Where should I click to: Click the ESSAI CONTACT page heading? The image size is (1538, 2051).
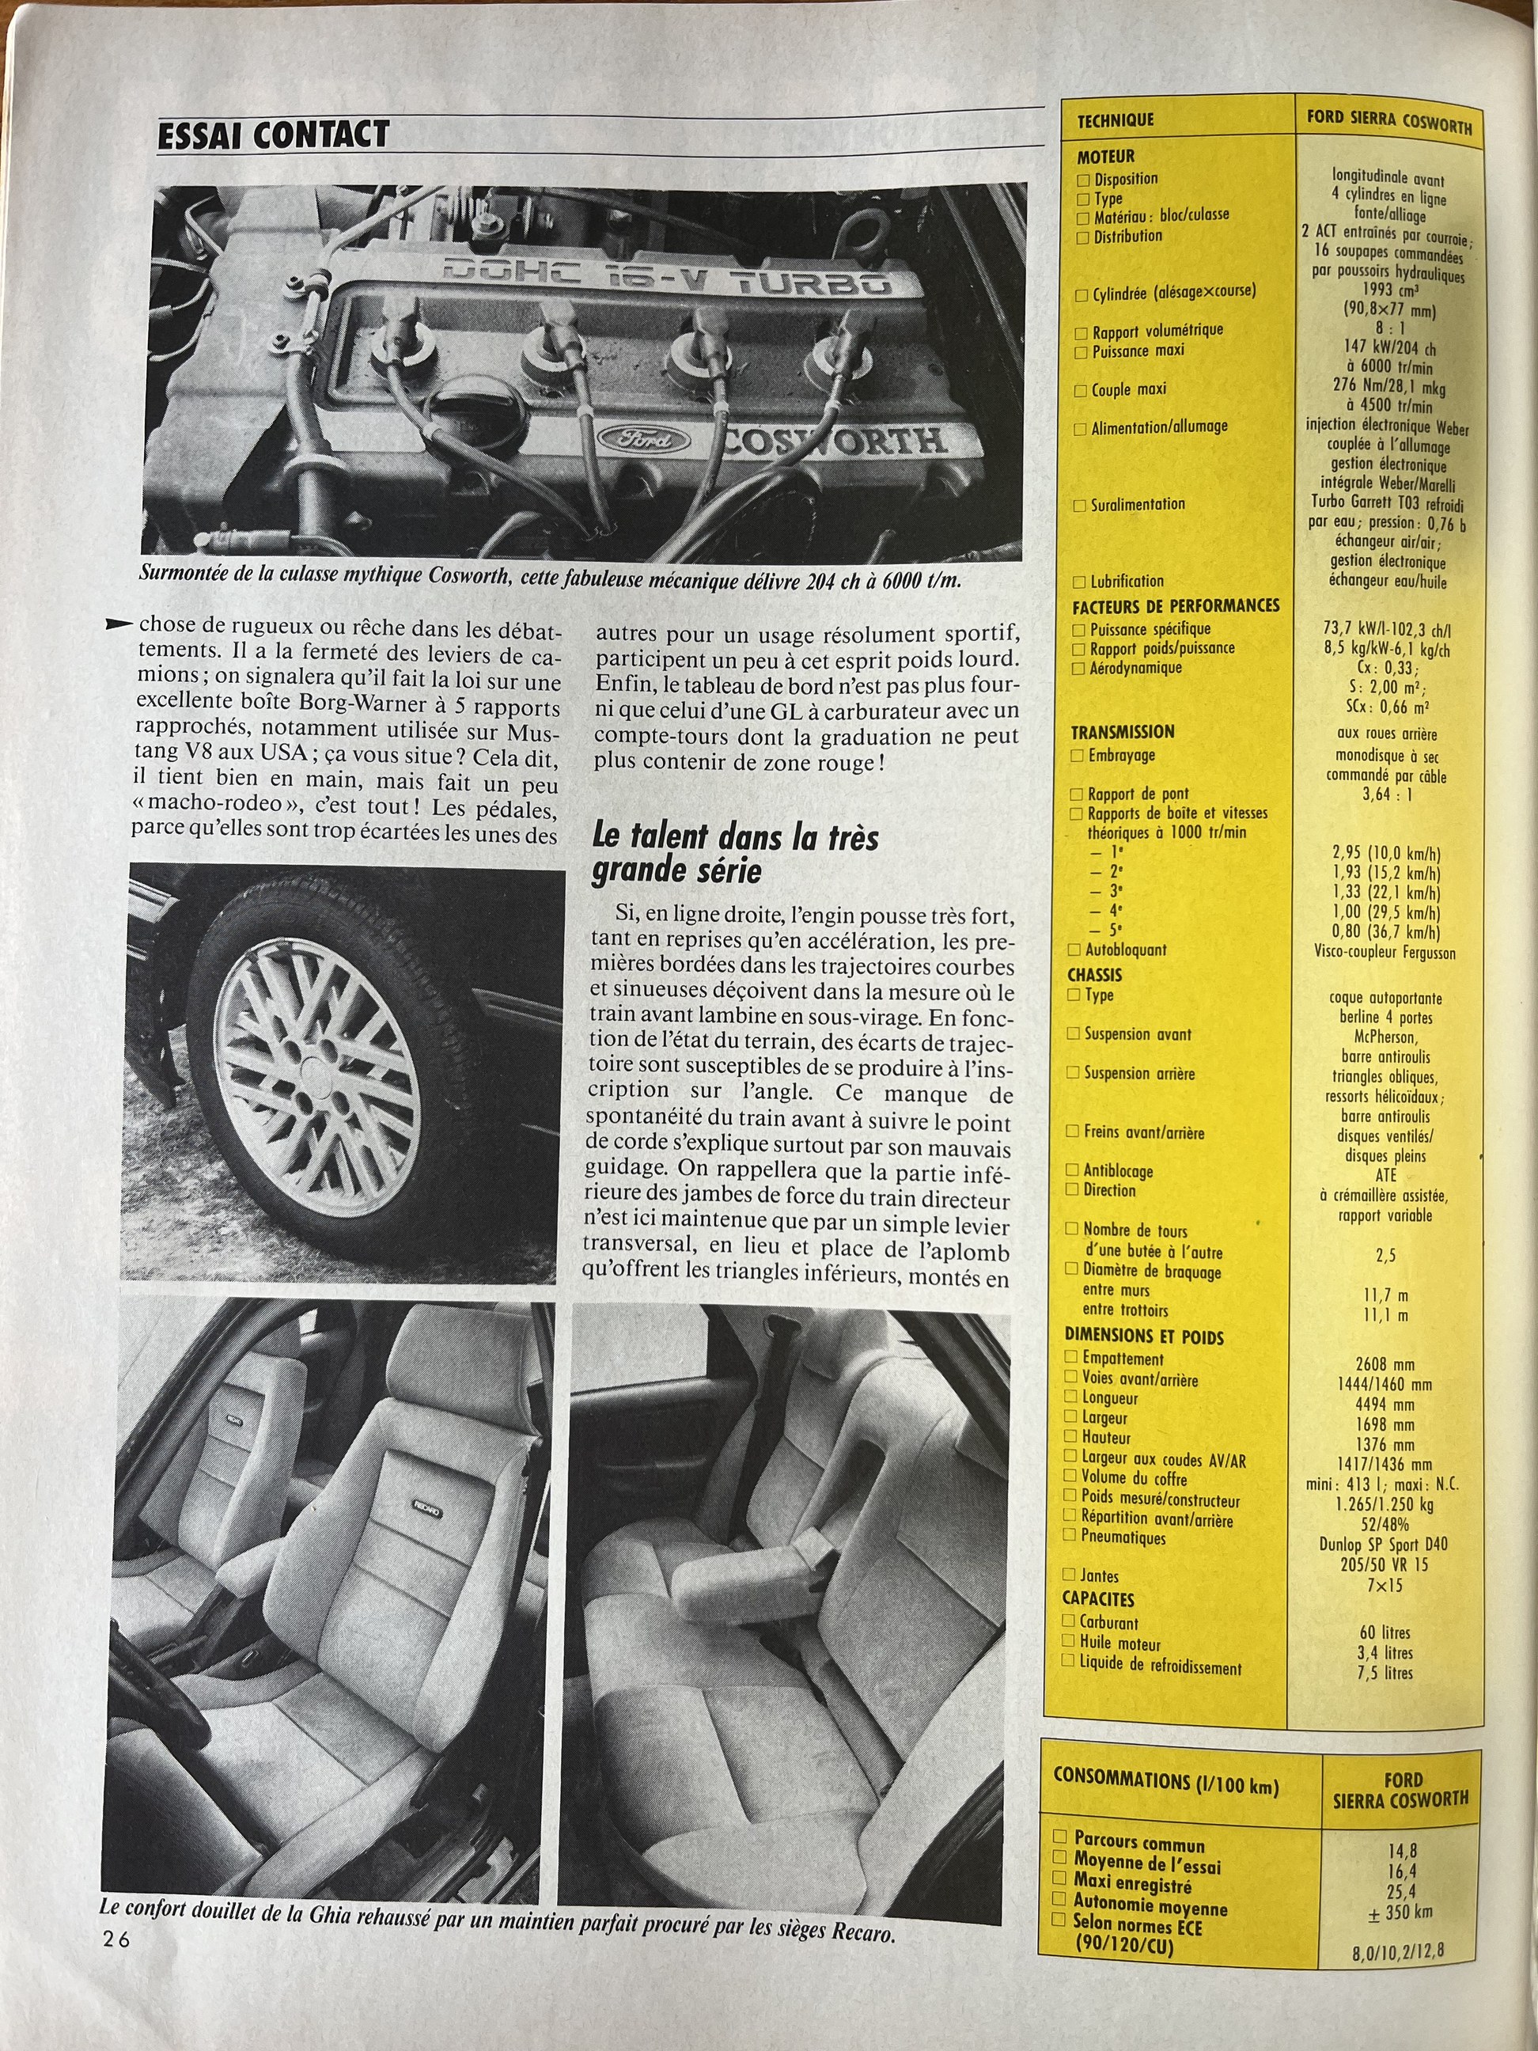274,135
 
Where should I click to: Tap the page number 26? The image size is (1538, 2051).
117,1938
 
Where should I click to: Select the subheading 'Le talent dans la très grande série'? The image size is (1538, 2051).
735,853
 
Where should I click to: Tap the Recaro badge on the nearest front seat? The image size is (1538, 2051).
427,1509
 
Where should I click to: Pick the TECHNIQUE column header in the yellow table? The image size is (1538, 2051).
1116,120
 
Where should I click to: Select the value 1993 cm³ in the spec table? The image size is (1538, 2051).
1391,290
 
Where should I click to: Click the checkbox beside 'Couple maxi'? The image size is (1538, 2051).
1080,390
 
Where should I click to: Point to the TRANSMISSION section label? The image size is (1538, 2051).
1122,732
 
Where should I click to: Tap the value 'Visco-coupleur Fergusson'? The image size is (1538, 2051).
1385,952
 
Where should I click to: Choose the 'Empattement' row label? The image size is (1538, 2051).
1123,1359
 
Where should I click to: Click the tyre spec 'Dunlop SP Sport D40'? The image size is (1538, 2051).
1383,1544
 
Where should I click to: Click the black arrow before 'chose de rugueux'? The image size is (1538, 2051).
119,624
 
